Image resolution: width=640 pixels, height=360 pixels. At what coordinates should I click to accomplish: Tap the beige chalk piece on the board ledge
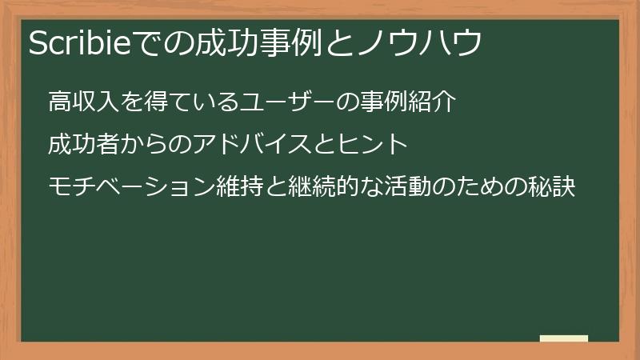coord(564,338)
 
